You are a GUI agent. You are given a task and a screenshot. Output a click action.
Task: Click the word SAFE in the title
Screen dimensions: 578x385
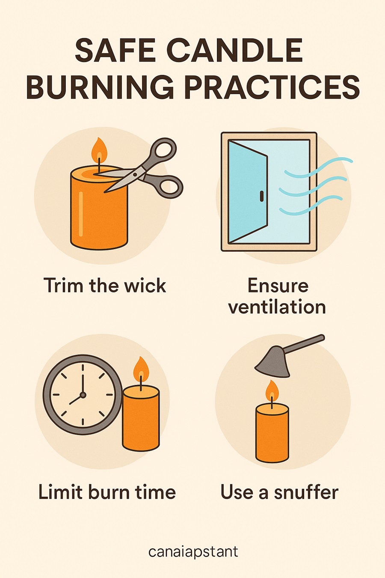(114, 50)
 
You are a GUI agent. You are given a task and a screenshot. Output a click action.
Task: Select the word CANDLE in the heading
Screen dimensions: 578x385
(234, 50)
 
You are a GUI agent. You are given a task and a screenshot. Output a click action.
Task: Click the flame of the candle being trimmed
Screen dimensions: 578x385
(99, 150)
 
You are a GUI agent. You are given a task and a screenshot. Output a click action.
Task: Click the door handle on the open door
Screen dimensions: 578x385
(261, 196)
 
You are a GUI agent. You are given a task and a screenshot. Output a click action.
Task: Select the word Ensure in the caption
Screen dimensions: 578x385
(278, 286)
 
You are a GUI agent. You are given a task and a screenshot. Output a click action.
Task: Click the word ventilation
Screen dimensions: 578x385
(277, 307)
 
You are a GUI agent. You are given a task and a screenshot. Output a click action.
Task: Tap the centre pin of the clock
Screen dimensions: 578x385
(83, 395)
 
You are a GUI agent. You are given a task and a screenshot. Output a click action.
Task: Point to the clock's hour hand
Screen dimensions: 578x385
(76, 399)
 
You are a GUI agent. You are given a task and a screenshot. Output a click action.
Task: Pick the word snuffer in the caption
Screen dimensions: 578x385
(306, 492)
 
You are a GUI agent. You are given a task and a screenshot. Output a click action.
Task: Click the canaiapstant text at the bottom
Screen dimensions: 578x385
(193, 552)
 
